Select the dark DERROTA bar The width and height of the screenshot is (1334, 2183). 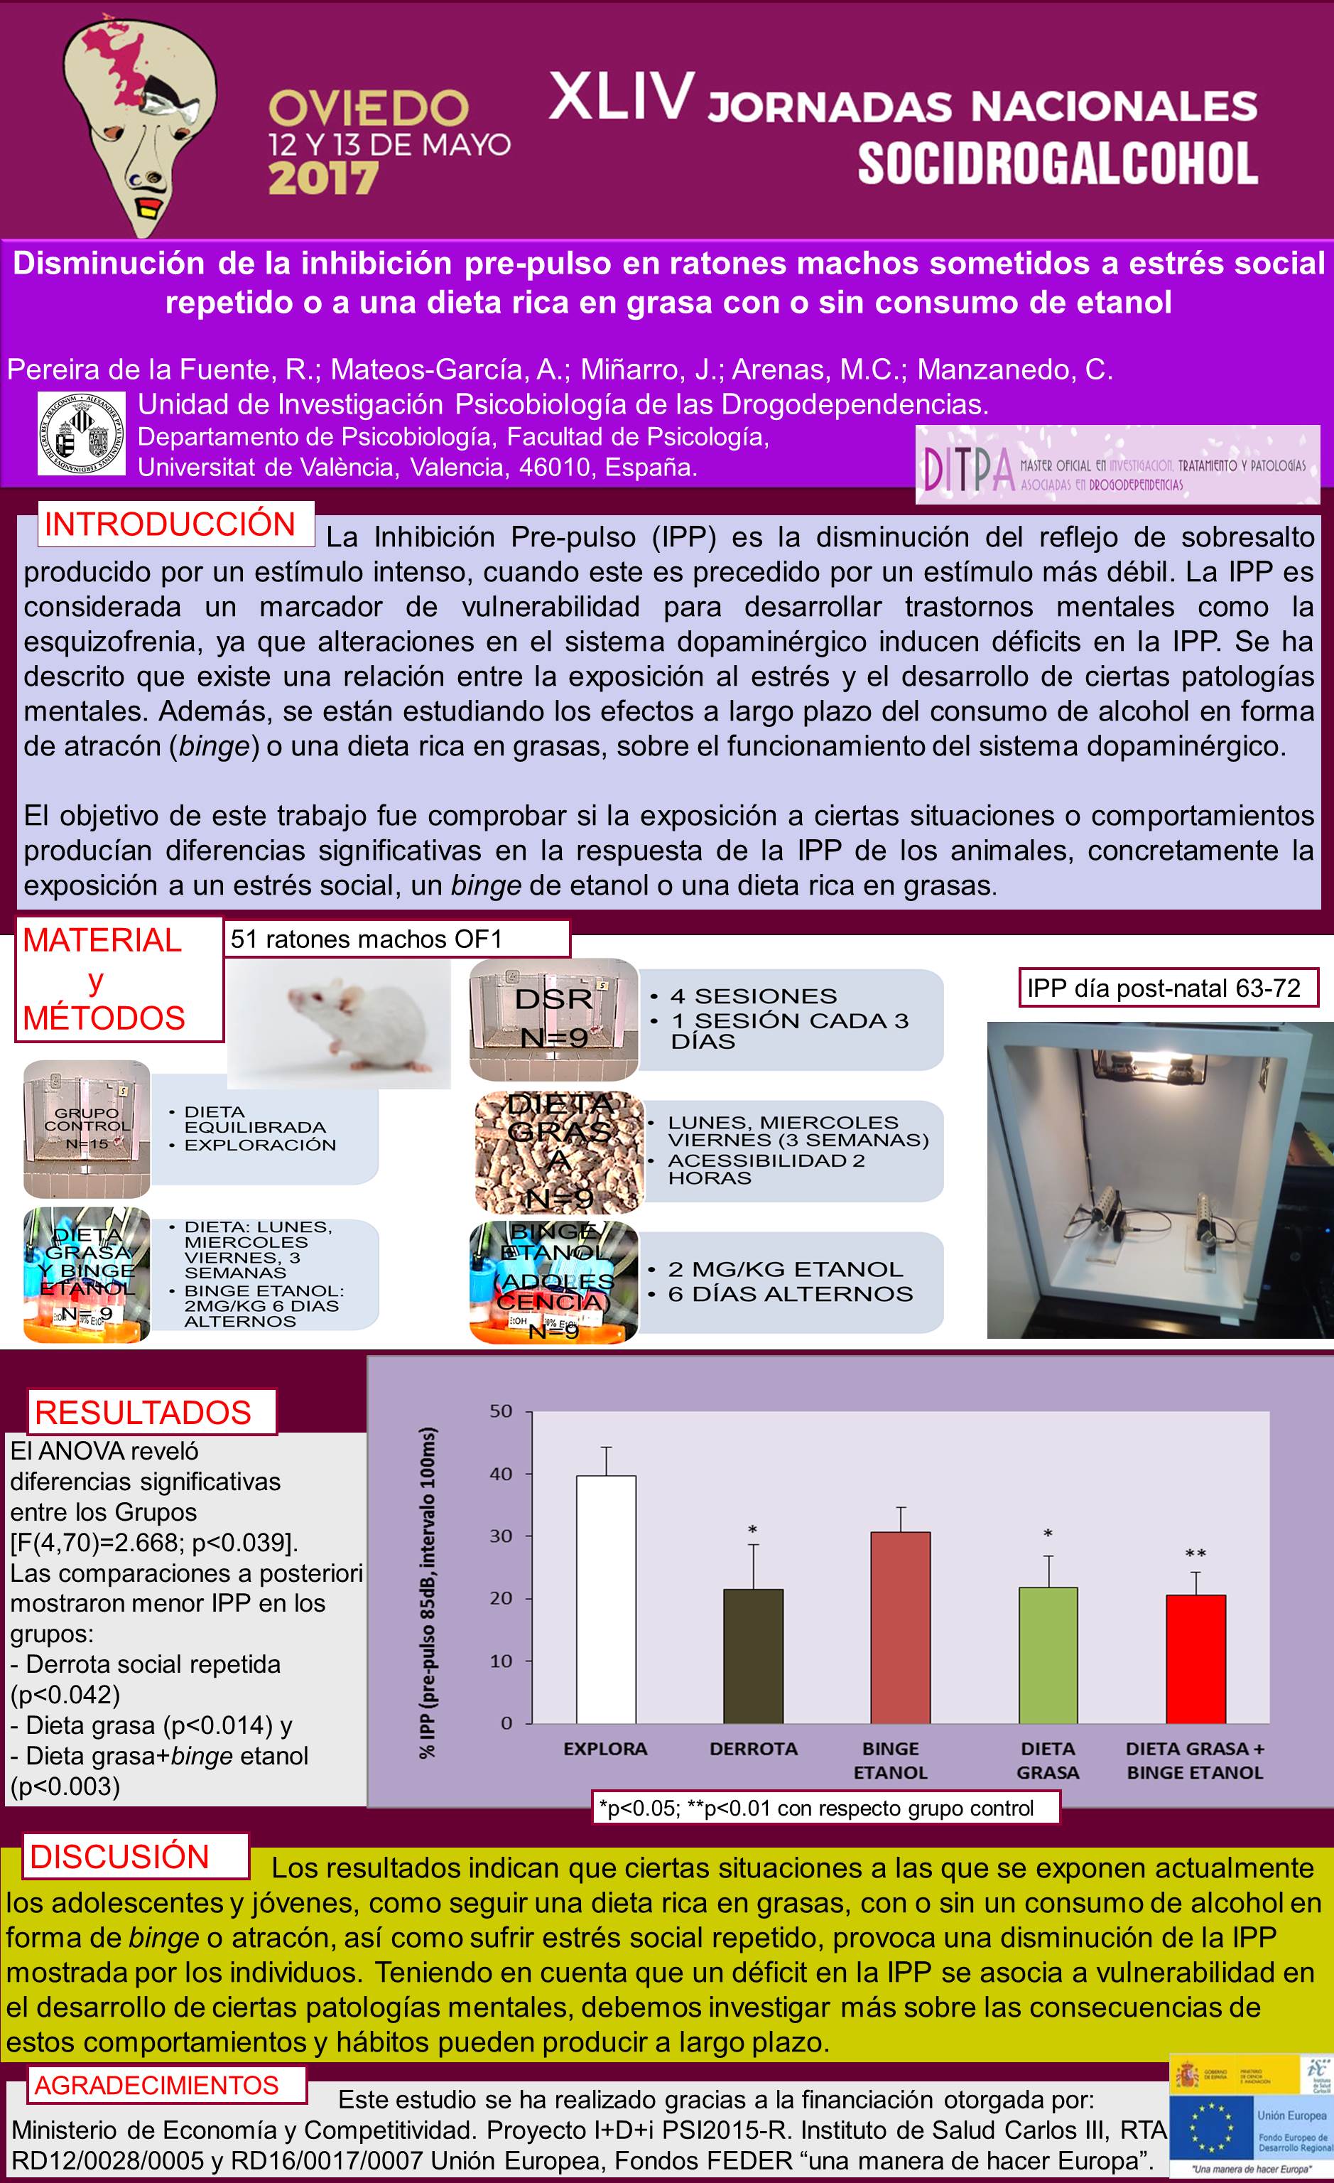(753, 1656)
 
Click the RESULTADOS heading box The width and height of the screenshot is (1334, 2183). (143, 1412)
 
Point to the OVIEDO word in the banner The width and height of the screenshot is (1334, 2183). (369, 108)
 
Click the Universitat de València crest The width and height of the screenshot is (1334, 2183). (82, 434)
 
